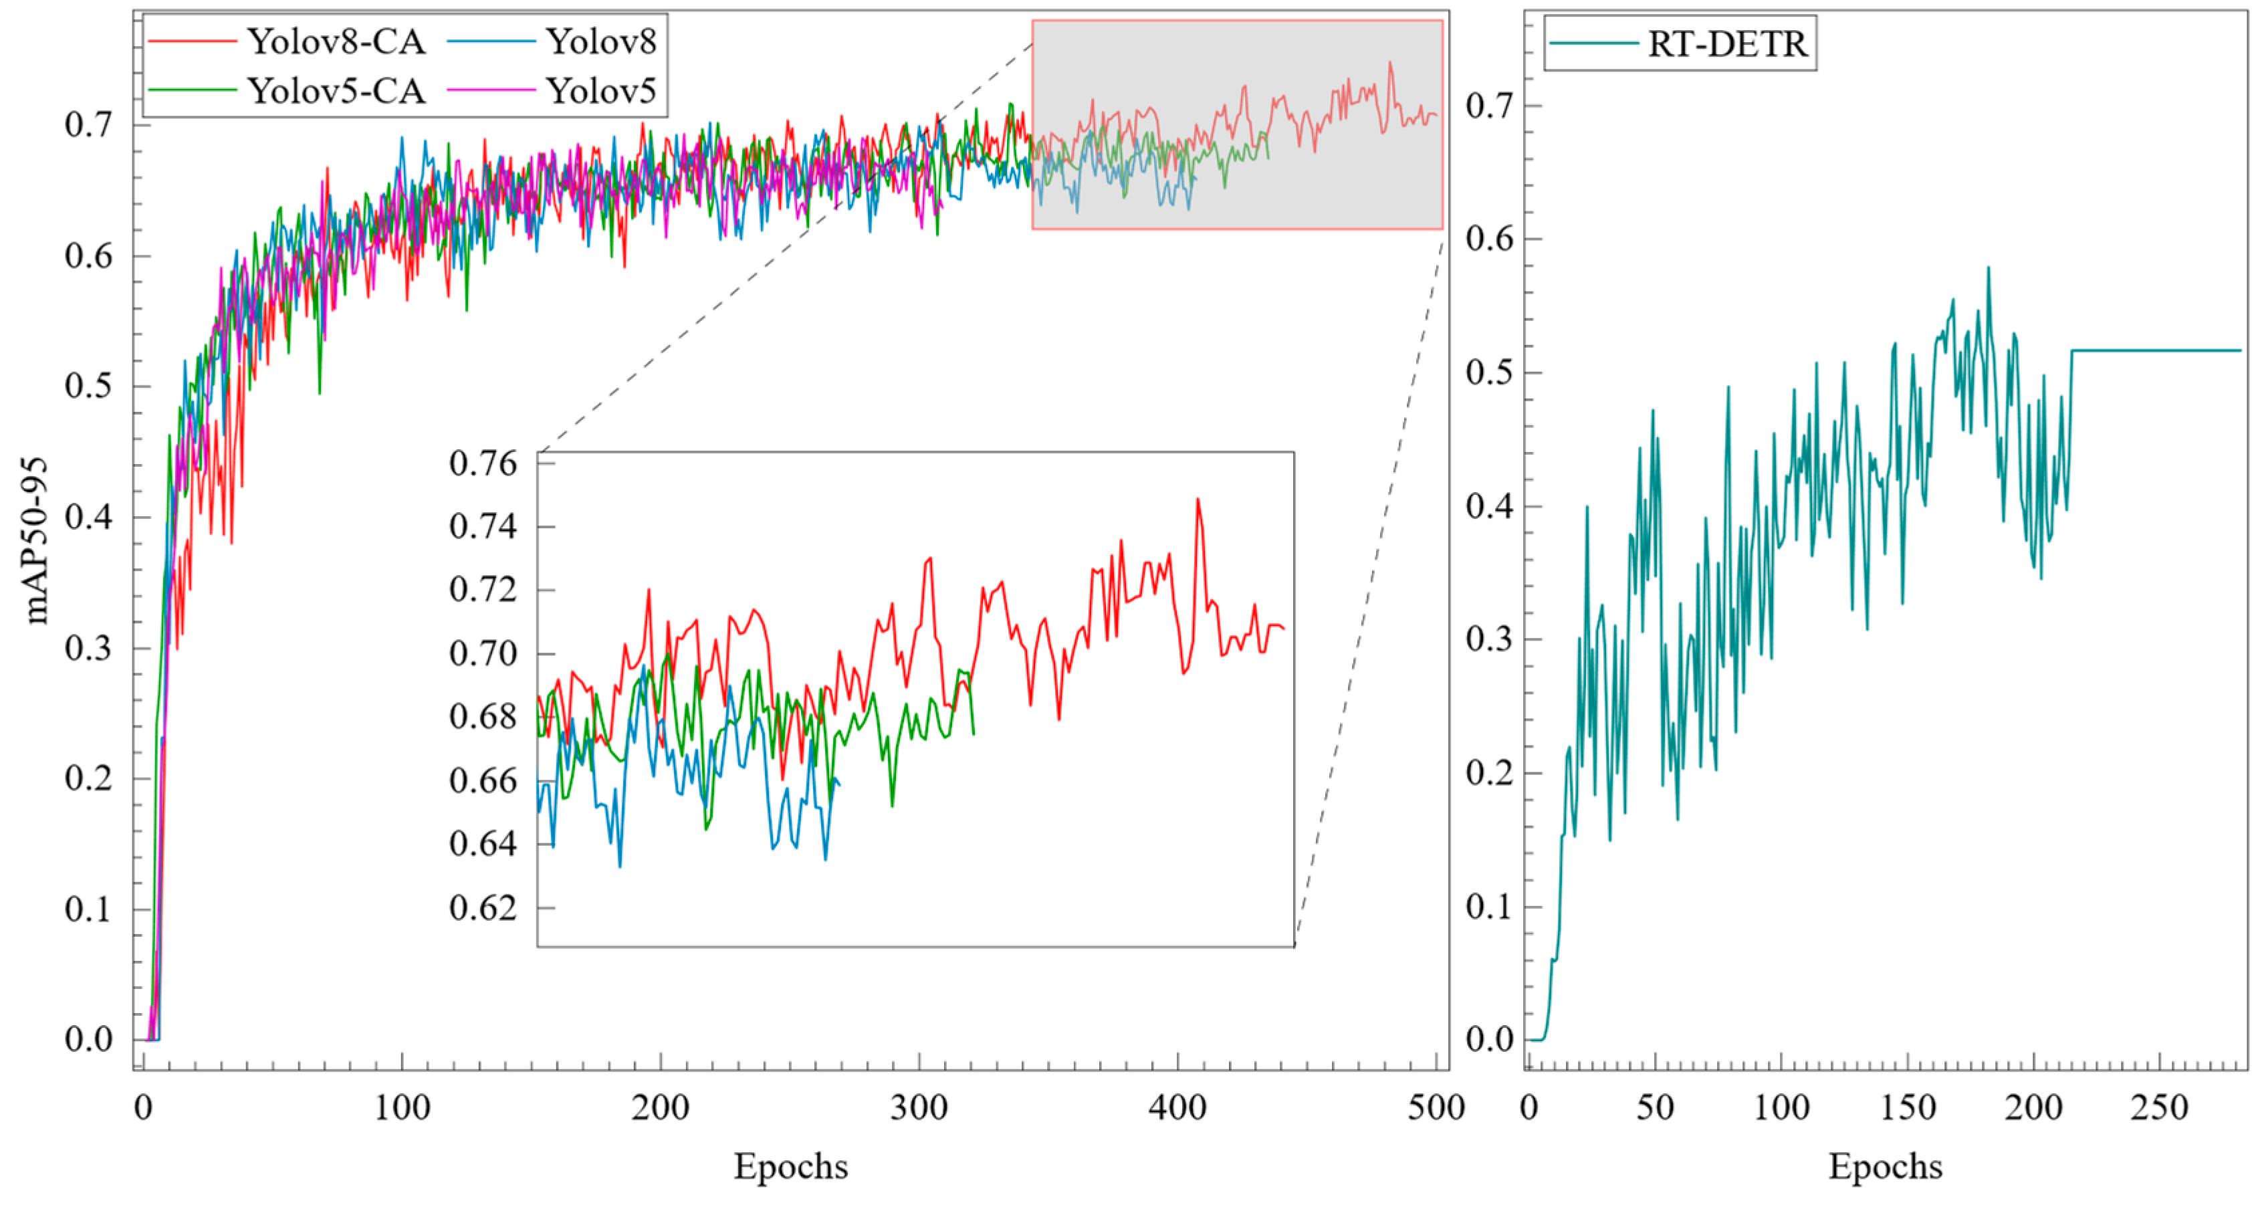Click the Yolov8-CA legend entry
(x=286, y=41)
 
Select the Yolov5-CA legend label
(x=286, y=90)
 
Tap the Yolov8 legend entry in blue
(x=552, y=41)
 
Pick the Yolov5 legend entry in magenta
(x=552, y=90)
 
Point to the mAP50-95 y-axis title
(x=36, y=540)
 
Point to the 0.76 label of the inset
(x=483, y=463)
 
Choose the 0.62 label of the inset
(x=483, y=907)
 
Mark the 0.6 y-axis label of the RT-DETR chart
(x=1490, y=238)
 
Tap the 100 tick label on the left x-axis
(x=402, y=1107)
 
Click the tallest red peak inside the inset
(x=1198, y=500)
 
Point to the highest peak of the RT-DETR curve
(x=1988, y=268)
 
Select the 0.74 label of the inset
(x=483, y=526)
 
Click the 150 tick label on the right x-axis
(x=1907, y=1107)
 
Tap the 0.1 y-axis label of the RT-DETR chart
(x=1490, y=906)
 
